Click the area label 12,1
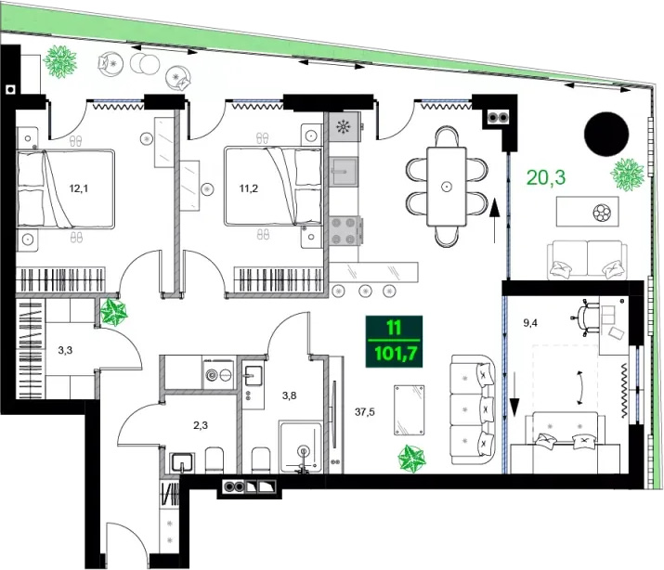coord(79,188)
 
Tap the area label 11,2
coord(249,188)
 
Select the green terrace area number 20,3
coord(546,177)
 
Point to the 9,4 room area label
coord(530,323)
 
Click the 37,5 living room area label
coord(365,412)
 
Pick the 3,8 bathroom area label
coord(289,395)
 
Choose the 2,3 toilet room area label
coord(201,425)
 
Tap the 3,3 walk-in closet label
coord(65,350)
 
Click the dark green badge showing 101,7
coord(395,342)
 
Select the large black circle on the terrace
coord(606,134)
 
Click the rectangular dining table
coord(447,187)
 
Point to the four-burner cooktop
coord(344,231)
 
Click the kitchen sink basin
coord(344,172)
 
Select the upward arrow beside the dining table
coord(494,220)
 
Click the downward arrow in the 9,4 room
coord(514,395)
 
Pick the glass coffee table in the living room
coord(409,409)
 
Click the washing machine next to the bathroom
coord(218,373)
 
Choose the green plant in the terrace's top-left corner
coord(60,62)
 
